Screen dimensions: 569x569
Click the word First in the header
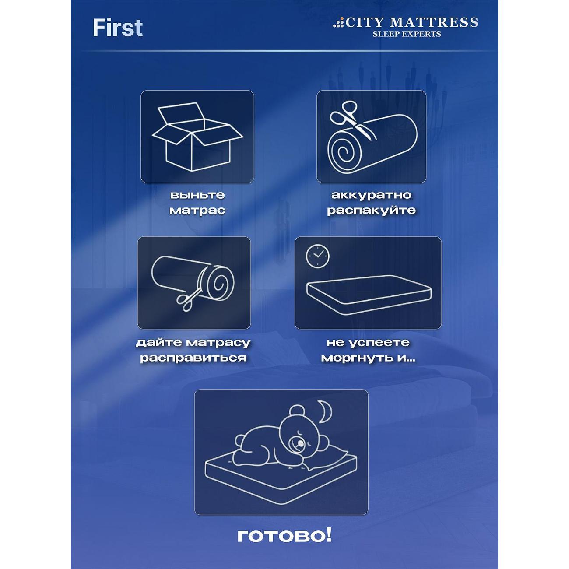pos(118,28)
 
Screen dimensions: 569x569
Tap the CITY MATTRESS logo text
pos(411,22)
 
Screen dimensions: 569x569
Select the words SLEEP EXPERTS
pos(407,34)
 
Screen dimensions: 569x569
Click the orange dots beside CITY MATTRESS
pos(338,23)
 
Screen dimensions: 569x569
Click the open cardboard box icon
pos(197,137)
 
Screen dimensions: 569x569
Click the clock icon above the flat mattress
pos(317,256)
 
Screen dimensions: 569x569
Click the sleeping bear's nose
pos(300,451)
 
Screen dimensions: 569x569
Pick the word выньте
pos(197,195)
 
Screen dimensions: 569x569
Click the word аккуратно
pos(371,195)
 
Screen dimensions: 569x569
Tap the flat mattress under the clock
pos(369,295)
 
